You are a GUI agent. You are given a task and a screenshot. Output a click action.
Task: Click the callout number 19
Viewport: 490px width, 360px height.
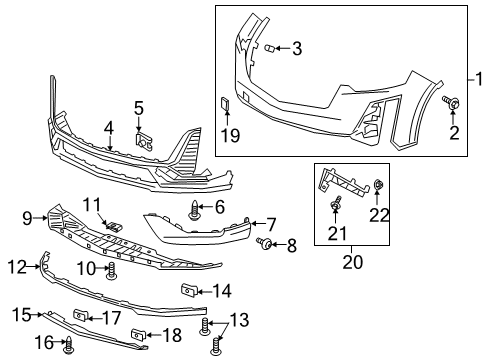tap(230, 135)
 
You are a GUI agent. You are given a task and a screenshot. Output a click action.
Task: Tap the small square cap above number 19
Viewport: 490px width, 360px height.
tap(225, 103)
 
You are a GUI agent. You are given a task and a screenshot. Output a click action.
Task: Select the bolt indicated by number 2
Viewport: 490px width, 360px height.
tap(451, 102)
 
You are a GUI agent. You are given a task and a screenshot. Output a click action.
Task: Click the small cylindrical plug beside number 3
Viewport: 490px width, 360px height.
tap(269, 49)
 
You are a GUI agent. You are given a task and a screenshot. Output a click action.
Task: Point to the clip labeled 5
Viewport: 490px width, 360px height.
tap(144, 142)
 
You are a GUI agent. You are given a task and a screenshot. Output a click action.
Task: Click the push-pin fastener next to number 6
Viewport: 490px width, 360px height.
tap(194, 210)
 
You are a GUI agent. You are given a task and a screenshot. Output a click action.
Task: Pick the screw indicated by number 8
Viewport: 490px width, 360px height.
tap(265, 244)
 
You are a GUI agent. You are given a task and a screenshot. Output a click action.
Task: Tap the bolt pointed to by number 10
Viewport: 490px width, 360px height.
tap(112, 271)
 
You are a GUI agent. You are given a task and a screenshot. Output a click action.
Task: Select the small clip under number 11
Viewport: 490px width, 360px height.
tap(113, 227)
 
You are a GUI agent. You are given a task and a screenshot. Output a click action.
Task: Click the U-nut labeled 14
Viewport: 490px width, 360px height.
tap(189, 289)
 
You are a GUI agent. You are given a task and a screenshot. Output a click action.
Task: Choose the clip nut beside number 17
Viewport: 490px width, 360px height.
tap(81, 315)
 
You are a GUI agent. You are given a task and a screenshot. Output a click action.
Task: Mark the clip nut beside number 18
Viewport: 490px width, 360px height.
tap(138, 334)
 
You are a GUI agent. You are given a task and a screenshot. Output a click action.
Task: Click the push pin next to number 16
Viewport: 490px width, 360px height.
tap(69, 345)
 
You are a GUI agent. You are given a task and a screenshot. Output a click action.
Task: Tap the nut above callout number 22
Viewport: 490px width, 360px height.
tap(378, 183)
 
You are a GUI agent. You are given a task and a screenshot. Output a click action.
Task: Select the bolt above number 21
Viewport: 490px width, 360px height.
tap(336, 203)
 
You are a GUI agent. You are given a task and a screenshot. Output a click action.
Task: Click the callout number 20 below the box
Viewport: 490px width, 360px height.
tap(353, 262)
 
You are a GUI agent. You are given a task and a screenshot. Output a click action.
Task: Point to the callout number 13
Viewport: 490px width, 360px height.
tap(239, 320)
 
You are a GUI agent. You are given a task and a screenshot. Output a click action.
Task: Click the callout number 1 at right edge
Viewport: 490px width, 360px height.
tap(479, 79)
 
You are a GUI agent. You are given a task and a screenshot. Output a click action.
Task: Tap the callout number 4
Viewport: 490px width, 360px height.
tap(109, 129)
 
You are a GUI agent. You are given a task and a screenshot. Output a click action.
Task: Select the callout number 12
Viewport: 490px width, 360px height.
tap(17, 267)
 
